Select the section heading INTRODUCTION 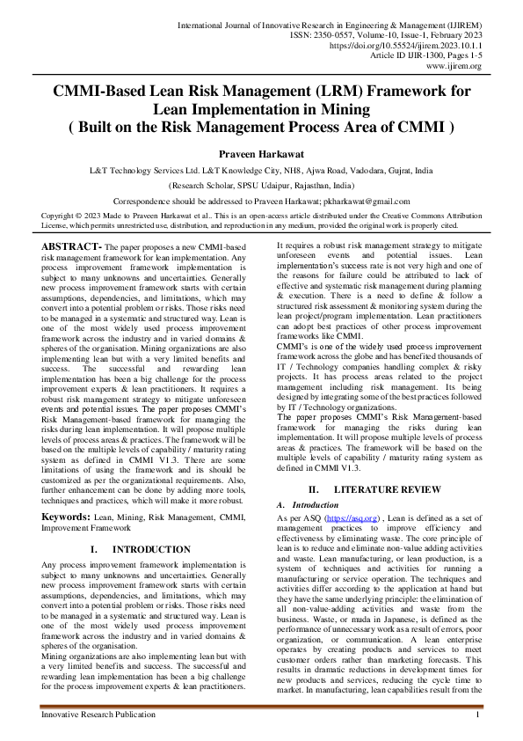[x=151, y=549]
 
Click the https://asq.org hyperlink [x=352, y=520]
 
